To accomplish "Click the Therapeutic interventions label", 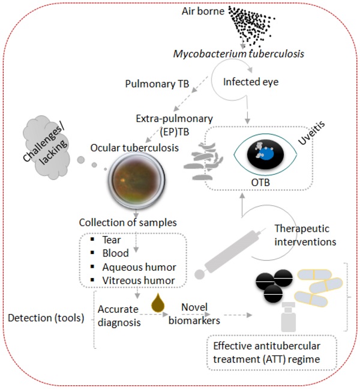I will [304, 235].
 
